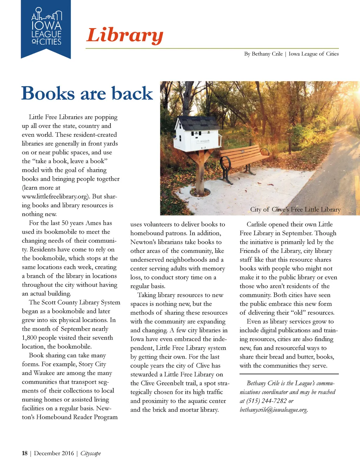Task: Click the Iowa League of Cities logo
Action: coord(46,29)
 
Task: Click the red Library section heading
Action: coord(125,36)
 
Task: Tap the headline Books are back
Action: coord(87,93)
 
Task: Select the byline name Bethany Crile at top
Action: coord(267,54)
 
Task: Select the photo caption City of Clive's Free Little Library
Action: coord(295,209)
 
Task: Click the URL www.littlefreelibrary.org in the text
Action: coord(54,196)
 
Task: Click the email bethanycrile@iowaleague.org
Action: coord(274,410)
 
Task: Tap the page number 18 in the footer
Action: coord(25,453)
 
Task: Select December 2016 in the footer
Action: coord(54,453)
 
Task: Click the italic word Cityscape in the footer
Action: coord(91,453)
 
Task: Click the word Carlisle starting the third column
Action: coord(259,224)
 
